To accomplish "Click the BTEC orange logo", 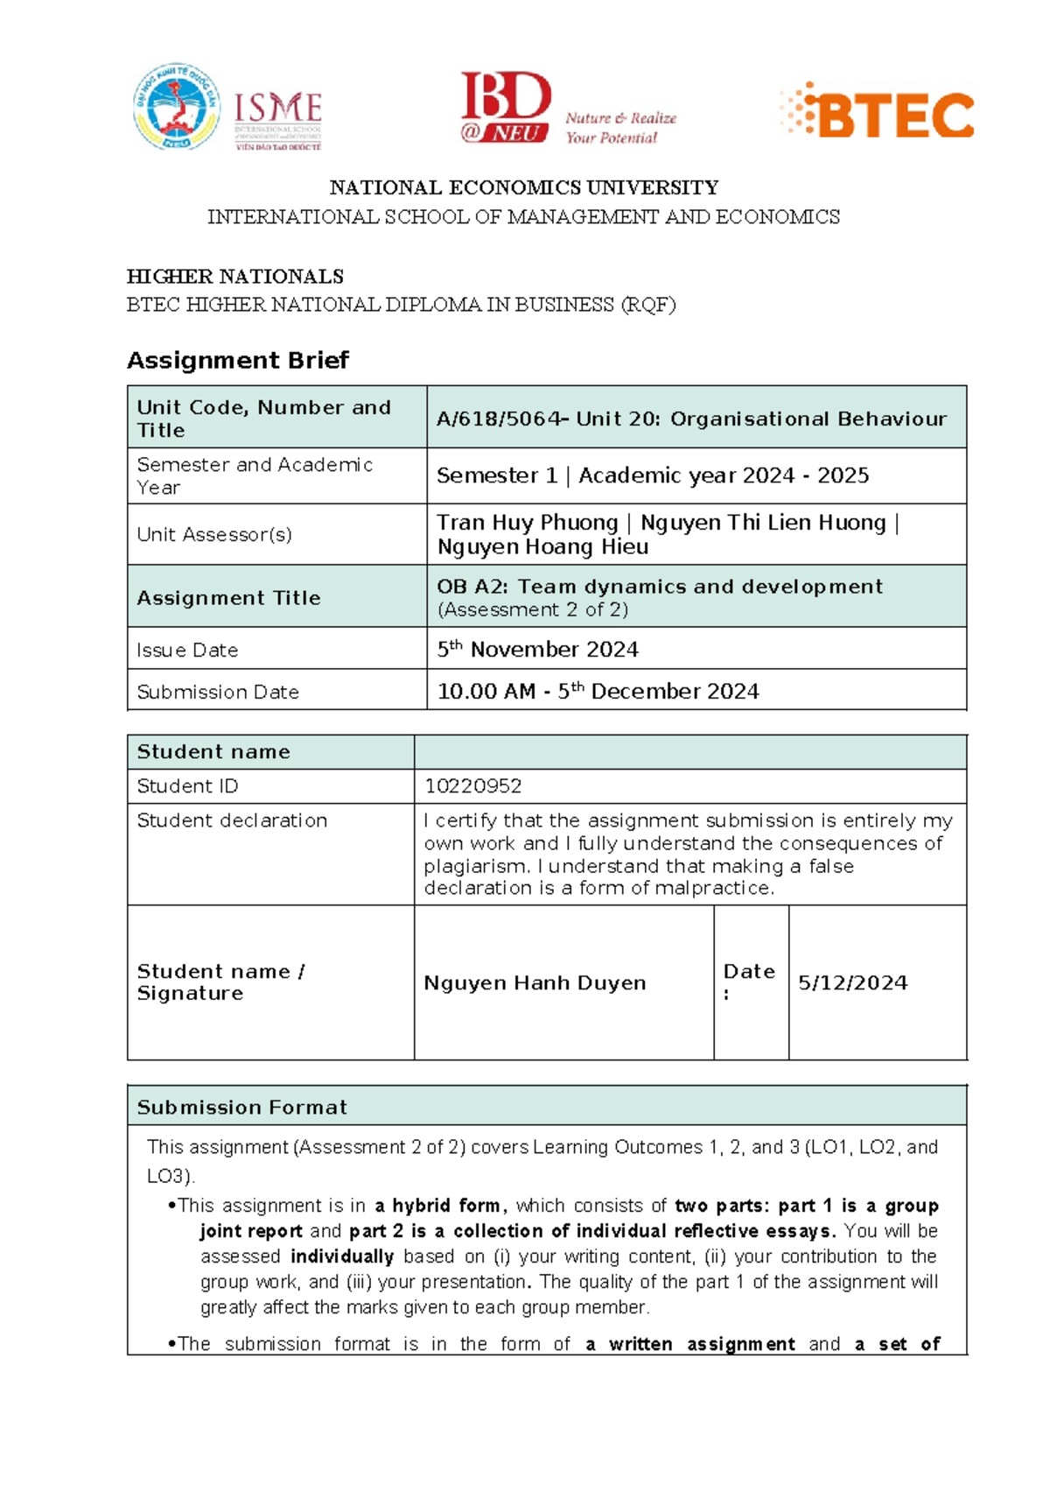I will click(878, 111).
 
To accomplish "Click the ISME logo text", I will click(278, 110).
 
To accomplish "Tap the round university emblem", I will click(176, 107).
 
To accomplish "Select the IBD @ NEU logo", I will click(506, 108).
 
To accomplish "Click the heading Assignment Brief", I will click(238, 361).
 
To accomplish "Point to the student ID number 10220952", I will click(472, 786).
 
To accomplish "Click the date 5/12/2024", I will click(852, 982).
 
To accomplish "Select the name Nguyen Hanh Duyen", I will click(535, 982).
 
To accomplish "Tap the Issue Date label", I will click(187, 650).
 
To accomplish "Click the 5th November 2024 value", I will click(537, 649).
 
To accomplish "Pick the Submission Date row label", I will click(218, 692).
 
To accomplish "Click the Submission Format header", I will click(242, 1107).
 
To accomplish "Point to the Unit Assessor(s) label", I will click(214, 534).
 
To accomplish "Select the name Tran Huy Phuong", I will click(528, 523).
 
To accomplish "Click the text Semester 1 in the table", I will click(496, 475).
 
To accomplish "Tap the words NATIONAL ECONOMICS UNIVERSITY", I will click(523, 187).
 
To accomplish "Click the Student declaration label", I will click(232, 820).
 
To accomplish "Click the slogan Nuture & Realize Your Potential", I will click(620, 128).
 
